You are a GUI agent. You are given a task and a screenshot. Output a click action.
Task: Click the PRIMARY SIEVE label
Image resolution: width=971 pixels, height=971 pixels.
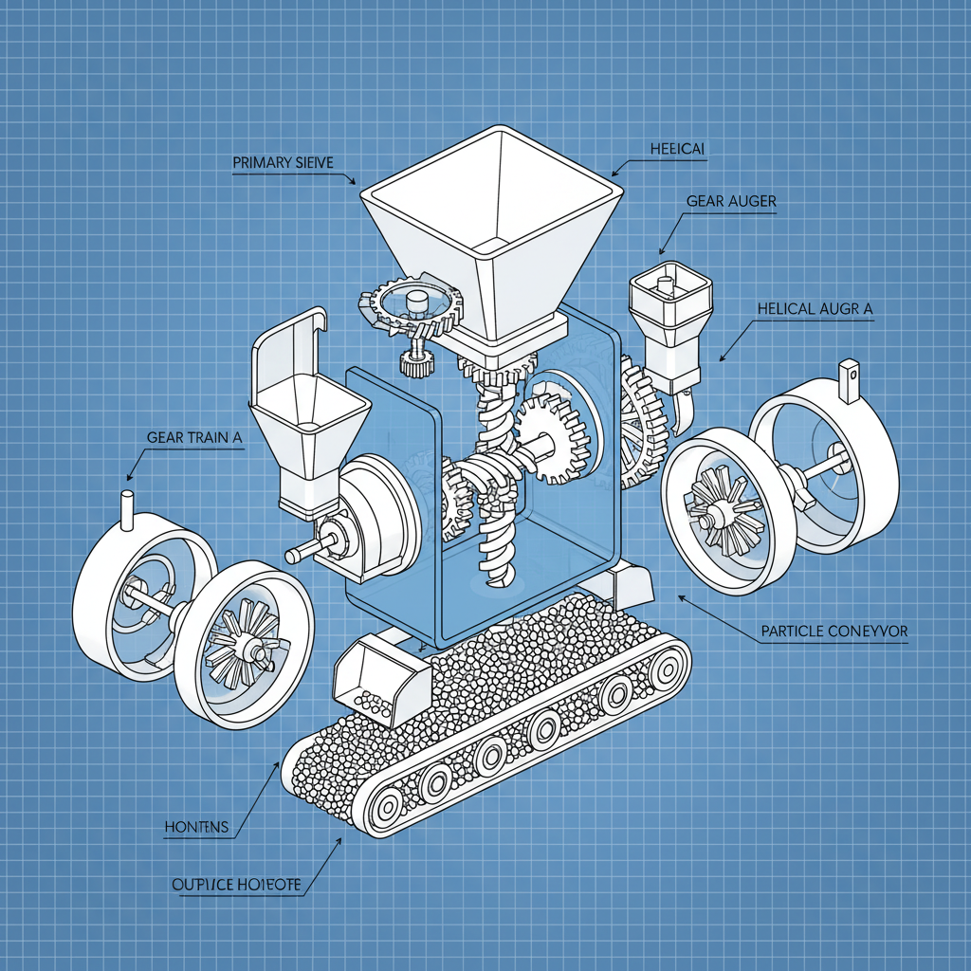pos(283,163)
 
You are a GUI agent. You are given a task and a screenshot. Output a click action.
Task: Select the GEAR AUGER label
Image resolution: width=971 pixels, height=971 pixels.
pos(730,201)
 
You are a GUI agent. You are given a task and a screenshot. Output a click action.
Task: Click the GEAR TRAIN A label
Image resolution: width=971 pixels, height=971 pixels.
pos(195,437)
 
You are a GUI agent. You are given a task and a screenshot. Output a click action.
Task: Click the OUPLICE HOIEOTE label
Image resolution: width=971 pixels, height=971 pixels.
pos(237,885)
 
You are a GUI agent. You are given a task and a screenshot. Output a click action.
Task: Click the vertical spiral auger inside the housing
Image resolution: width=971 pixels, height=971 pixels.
pos(496,474)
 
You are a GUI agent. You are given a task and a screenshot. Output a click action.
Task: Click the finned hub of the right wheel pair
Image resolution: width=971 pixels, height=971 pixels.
pos(721,512)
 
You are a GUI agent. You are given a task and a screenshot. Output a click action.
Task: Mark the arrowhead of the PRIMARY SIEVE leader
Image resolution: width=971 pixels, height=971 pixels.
pos(353,181)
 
